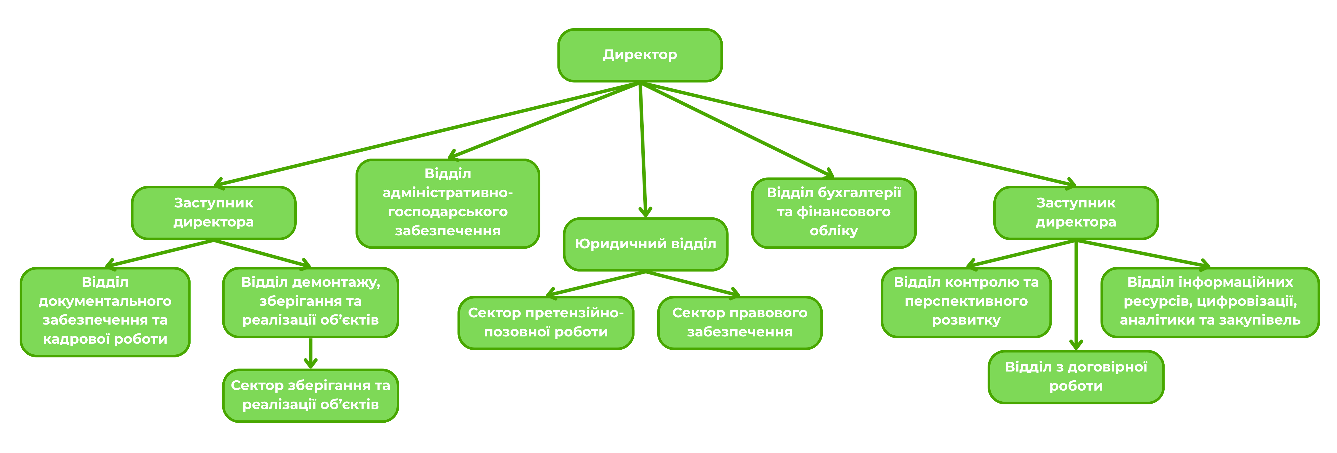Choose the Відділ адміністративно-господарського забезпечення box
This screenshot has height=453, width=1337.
coord(448,203)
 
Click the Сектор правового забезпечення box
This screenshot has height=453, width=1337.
coord(739,322)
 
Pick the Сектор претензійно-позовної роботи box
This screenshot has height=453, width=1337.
coord(546,322)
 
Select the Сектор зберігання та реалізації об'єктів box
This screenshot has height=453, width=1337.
coord(310,395)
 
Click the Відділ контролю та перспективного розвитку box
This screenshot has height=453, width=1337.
coord(966,301)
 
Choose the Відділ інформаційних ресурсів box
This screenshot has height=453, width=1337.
coord(1210,301)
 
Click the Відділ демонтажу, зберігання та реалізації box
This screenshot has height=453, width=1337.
coord(310,301)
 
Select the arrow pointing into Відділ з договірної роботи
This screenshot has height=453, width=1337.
coord(1076,296)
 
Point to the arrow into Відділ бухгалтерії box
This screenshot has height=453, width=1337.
coord(737,130)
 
